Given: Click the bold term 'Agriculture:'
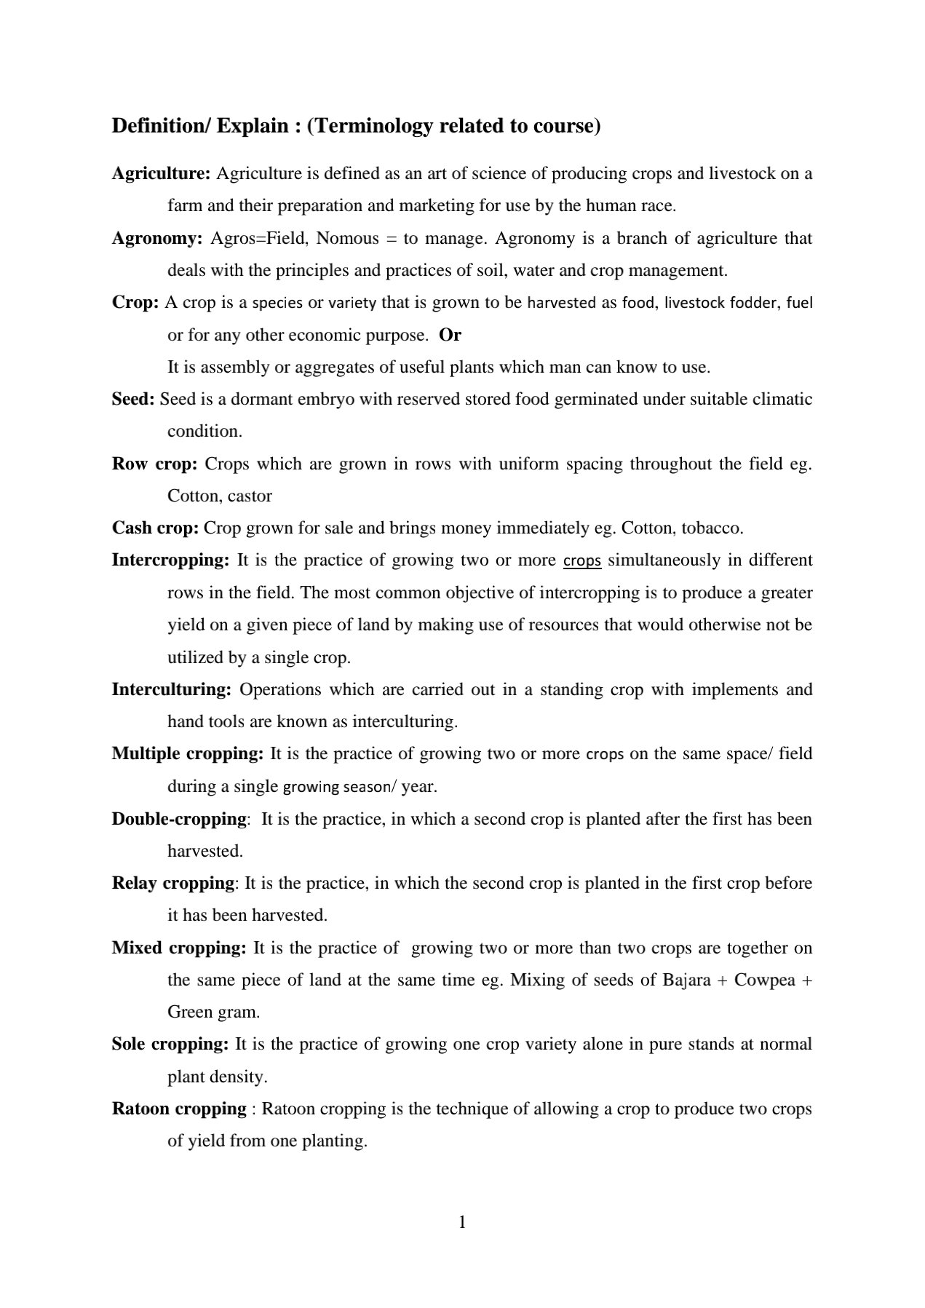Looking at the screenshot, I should tap(161, 174).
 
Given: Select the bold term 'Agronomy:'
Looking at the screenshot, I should tap(156, 239).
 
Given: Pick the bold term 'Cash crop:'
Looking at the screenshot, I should tap(155, 528).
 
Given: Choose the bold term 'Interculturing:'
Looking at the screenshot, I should tap(172, 689).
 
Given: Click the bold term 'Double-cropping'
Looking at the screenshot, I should tap(179, 819).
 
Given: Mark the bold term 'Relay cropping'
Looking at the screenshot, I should tap(172, 884).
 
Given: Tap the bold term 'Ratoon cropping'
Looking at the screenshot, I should tap(179, 1109).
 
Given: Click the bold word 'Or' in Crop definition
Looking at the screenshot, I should tap(450, 336).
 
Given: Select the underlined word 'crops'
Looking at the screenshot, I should tap(582, 561).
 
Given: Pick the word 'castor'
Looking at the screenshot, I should tap(250, 496).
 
